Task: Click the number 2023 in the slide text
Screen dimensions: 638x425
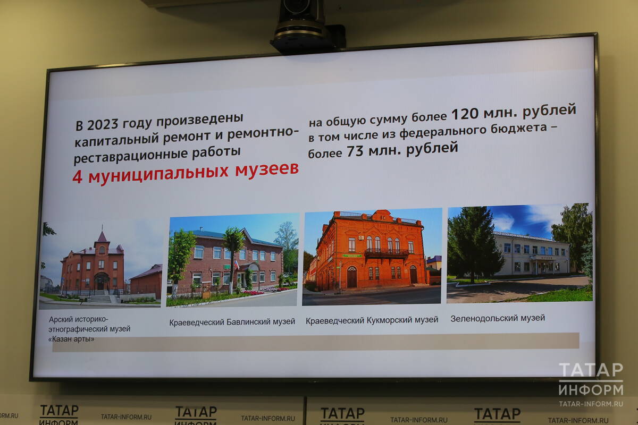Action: coord(103,125)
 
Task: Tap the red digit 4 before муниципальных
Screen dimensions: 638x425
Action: coord(77,177)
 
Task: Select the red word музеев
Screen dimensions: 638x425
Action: coord(267,170)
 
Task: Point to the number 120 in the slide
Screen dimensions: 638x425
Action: coord(465,114)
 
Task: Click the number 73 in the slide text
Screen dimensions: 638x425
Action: coord(355,151)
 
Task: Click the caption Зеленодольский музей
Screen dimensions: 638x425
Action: coord(498,318)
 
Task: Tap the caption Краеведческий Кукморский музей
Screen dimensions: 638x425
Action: coord(372,320)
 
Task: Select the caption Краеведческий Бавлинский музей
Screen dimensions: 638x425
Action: coord(232,322)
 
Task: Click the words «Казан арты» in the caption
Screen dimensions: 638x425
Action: coord(71,339)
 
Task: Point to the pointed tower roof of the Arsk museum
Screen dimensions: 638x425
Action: coord(102,237)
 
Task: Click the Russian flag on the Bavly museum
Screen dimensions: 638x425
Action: coord(237,265)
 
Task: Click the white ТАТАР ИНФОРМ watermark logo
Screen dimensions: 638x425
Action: coord(591,379)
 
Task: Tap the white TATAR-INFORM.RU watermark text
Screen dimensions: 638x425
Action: coord(591,404)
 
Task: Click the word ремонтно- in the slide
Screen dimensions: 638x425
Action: coord(263,133)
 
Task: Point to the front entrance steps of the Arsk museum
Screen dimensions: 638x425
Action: coord(100,299)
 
